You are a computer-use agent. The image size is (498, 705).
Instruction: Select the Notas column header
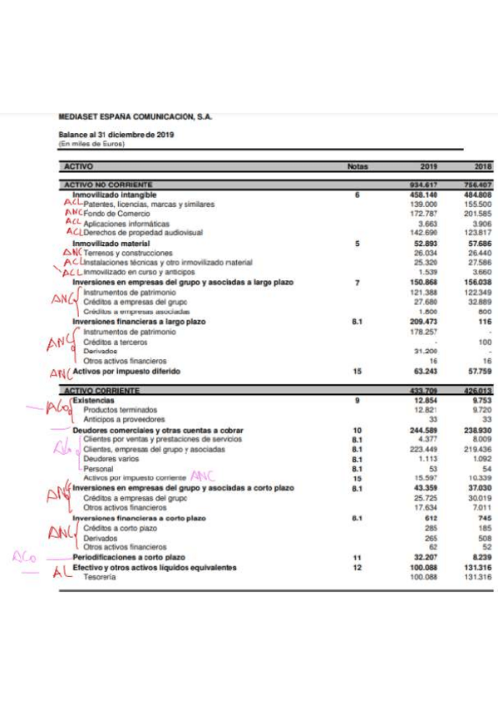tap(357, 166)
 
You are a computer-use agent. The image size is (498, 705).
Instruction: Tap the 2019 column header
tap(425, 166)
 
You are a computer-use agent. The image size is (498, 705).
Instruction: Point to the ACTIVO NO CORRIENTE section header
tap(108, 185)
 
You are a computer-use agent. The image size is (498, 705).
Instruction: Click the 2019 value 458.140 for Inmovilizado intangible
tap(425, 195)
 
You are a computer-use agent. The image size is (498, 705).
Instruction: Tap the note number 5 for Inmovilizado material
tap(357, 244)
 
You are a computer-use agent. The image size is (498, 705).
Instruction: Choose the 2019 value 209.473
tap(425, 322)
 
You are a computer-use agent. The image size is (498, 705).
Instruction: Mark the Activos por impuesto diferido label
tap(126, 371)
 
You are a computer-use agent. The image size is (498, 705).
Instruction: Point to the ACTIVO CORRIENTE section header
tap(101, 391)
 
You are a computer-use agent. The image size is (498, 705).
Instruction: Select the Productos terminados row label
tap(120, 410)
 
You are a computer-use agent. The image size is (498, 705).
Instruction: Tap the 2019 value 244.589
tap(425, 430)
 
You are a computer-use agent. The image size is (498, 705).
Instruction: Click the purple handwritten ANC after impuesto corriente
tap(202, 477)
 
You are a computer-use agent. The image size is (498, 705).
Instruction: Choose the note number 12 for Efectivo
tap(357, 567)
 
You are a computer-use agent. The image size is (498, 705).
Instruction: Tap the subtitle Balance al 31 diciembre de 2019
tap(116, 135)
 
